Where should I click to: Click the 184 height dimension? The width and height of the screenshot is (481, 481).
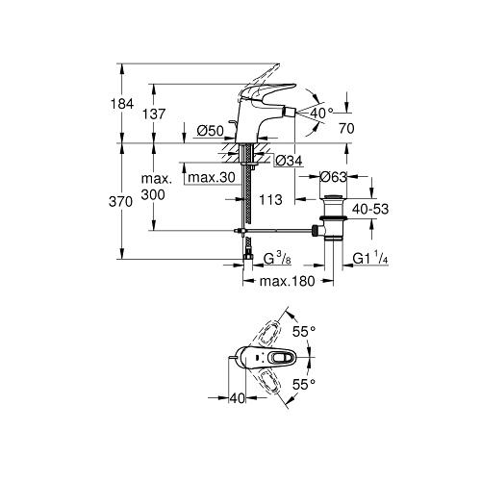[122, 104]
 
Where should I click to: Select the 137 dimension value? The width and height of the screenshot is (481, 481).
[154, 114]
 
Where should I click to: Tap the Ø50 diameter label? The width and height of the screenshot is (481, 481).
[210, 131]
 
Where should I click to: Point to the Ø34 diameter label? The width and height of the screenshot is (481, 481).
[289, 161]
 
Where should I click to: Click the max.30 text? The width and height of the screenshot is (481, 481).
[212, 177]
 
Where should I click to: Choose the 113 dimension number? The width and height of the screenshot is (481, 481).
[270, 200]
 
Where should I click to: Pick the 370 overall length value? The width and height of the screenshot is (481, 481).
[120, 202]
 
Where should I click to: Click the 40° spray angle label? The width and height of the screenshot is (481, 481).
[322, 113]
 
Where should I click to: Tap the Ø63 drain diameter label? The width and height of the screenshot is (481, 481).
[334, 177]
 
